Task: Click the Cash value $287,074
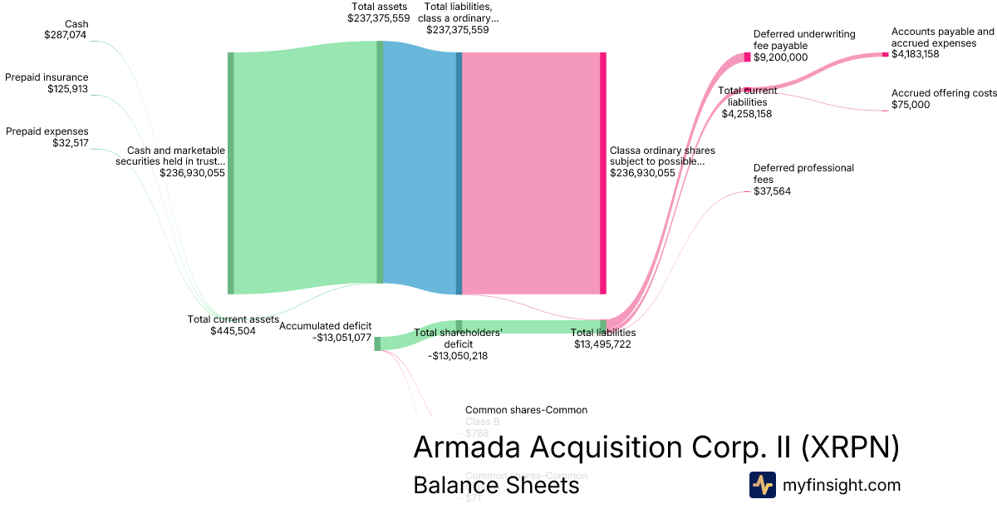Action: (66, 35)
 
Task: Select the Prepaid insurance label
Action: (47, 77)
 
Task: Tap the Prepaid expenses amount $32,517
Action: (70, 143)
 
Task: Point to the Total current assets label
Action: (233, 319)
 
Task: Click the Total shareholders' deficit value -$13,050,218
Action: (458, 355)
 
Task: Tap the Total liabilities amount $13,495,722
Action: (602, 344)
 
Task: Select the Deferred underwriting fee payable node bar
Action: (747, 57)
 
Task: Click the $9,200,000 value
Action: (780, 57)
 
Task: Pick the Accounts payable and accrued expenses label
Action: (942, 37)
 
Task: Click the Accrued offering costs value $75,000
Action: (911, 105)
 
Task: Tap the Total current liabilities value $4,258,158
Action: (746, 113)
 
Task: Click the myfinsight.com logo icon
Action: (763, 485)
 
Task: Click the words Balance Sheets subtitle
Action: (496, 485)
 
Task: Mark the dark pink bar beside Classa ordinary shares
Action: (603, 173)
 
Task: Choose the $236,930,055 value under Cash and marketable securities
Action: (192, 173)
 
